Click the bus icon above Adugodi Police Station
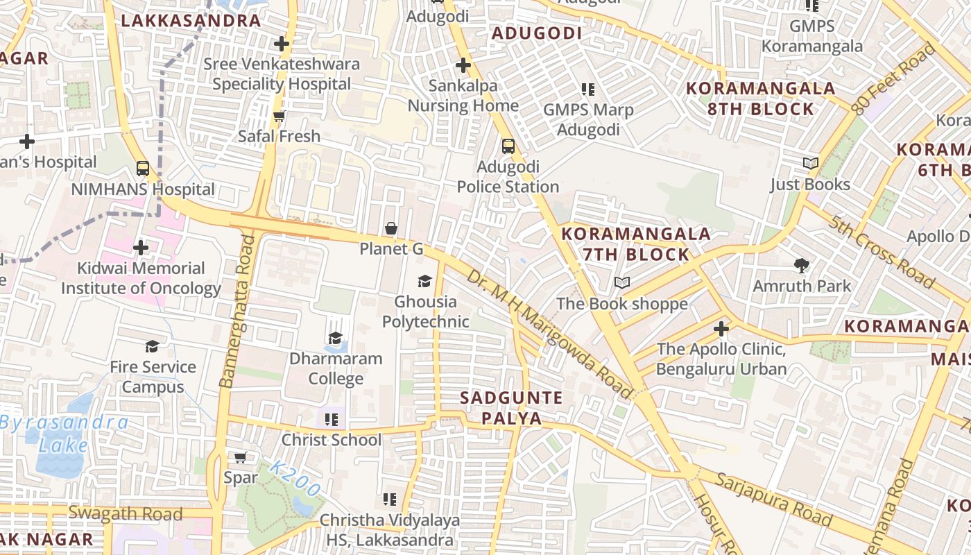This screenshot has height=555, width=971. click(508, 146)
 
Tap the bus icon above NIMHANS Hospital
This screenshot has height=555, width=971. click(143, 169)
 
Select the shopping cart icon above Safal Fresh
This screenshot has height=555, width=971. click(279, 116)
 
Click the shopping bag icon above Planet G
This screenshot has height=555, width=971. click(391, 228)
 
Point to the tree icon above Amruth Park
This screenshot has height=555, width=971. click(802, 265)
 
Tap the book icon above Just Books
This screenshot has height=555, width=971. click(810, 164)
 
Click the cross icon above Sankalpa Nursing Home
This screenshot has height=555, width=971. click(463, 66)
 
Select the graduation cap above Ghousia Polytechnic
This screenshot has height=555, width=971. click(424, 281)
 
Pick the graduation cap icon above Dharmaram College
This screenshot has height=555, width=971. click(336, 339)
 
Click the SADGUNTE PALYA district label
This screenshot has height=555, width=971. click(511, 408)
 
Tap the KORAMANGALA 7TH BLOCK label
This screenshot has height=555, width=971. click(636, 244)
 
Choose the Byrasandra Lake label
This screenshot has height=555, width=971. click(64, 434)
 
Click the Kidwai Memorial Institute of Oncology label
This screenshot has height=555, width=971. click(141, 278)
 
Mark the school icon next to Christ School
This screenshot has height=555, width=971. click(332, 420)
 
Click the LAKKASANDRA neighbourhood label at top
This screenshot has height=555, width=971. click(191, 20)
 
